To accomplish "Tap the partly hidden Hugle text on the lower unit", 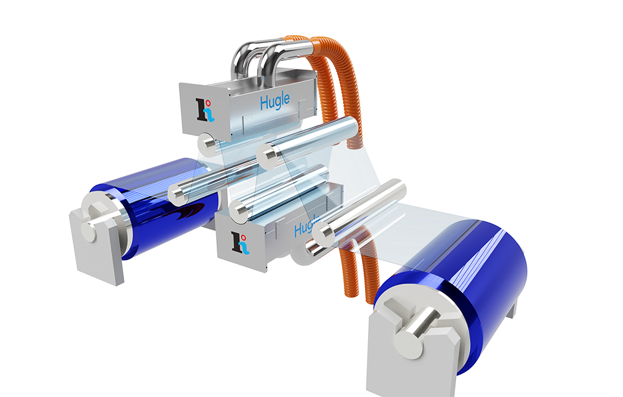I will (x=303, y=228).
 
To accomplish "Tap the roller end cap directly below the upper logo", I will (x=206, y=144).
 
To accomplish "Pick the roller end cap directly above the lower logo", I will (x=239, y=210).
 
